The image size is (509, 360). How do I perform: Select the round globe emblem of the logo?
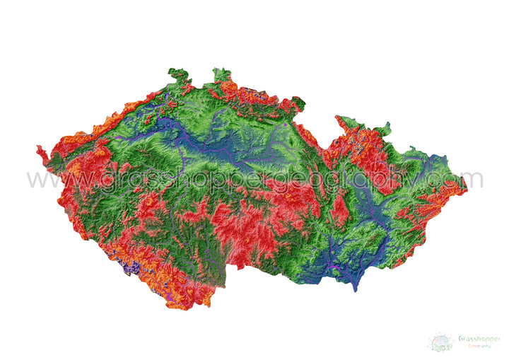pos(442,342)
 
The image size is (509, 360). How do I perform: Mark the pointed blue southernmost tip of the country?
pos(355,289)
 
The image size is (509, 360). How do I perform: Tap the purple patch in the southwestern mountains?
pos(131,268)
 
